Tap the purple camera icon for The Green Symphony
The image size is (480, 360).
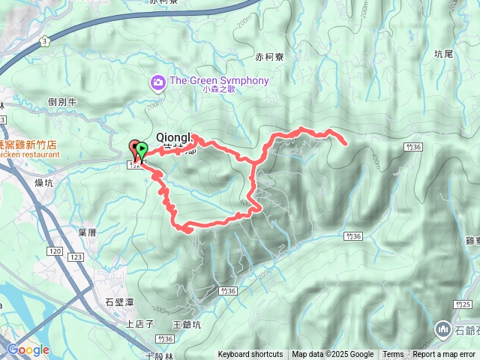158,81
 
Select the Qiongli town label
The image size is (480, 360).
170,137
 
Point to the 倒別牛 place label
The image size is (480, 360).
62,102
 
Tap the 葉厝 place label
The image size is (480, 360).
87,232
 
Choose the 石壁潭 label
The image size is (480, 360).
119,302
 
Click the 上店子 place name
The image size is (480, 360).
139,324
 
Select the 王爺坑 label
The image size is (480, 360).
187,325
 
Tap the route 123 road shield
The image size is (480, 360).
76,257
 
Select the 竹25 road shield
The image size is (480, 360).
463,303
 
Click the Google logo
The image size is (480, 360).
28,349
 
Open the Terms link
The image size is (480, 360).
393,355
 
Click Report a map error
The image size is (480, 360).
444,355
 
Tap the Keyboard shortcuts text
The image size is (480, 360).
250,355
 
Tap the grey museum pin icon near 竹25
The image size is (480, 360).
442,328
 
